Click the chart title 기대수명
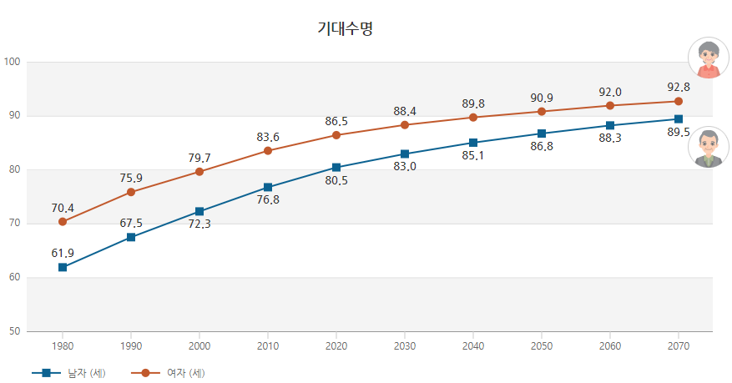pos(345,29)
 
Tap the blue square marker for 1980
pos(63,267)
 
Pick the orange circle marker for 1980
pos(63,222)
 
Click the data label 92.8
pos(679,87)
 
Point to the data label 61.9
pos(63,253)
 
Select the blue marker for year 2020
pos(336,168)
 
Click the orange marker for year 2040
pos(473,117)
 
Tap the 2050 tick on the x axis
pos(542,345)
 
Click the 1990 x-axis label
pos(131,345)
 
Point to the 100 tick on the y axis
pos(12,62)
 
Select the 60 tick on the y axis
pos(14,278)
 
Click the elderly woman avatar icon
pos(708,58)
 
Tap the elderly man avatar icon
pos(708,149)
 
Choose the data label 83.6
pos(268,137)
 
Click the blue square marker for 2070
pos(679,119)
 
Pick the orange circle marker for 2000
pos(199,172)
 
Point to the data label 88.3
pos(610,139)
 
